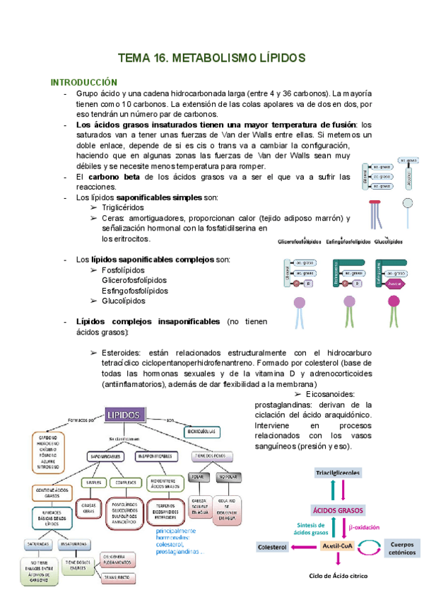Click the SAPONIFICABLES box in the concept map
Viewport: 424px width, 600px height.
107,456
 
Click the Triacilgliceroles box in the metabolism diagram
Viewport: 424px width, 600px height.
336,473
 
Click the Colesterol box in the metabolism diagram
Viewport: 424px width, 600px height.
271,547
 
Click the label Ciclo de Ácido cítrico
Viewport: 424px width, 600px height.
337,577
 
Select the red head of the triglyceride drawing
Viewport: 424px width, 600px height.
374,202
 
